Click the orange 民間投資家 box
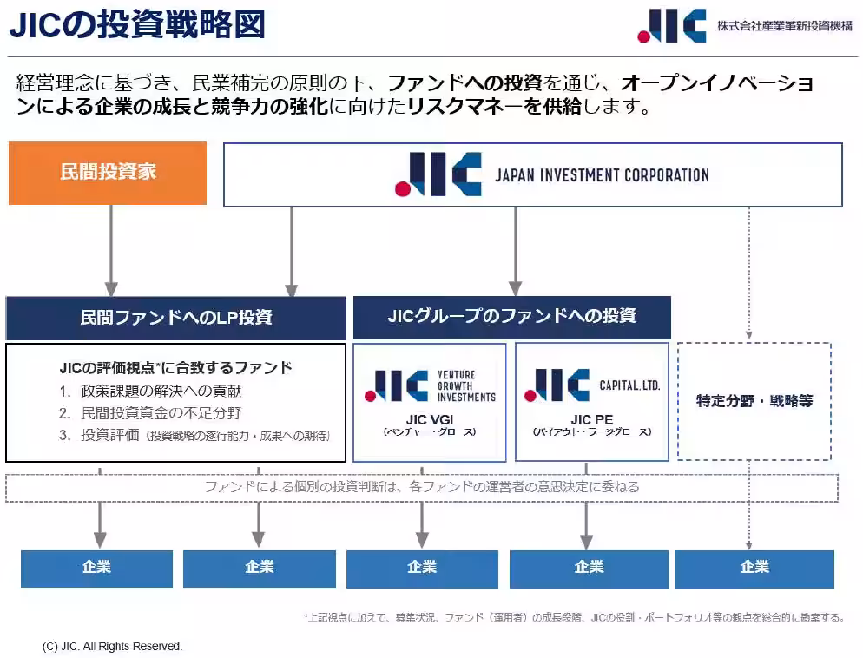pos(108,173)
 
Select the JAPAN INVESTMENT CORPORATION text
pos(602,175)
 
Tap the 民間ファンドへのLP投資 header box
pos(176,318)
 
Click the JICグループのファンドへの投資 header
pos(511,316)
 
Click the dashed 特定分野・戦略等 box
pos(754,401)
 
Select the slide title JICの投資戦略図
pos(137,24)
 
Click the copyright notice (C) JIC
pos(112,646)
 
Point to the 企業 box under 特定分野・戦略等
pos(754,568)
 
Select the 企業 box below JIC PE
pos(589,568)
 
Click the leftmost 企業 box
pos(96,568)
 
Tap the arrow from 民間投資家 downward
pos(111,251)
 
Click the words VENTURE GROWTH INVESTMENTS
pos(466,385)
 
